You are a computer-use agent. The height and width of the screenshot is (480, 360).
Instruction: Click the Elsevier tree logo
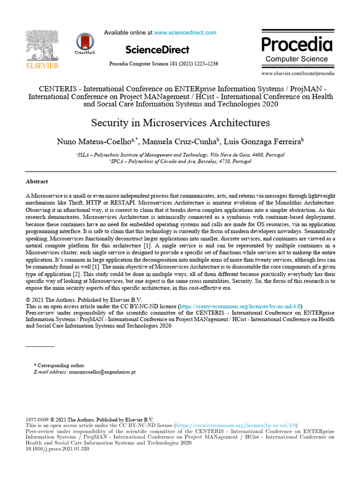(x=42, y=46)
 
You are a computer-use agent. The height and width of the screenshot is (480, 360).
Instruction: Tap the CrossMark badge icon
(x=85, y=43)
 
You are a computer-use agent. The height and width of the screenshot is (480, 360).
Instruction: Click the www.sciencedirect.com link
(x=185, y=33)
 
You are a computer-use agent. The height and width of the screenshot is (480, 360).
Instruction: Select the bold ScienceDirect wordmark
(x=157, y=50)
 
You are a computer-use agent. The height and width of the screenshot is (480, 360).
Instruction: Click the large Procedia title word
(x=297, y=45)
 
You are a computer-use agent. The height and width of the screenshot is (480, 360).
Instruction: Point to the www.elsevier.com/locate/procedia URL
(x=298, y=74)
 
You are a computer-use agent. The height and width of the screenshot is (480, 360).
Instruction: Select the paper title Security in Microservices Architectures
(x=180, y=123)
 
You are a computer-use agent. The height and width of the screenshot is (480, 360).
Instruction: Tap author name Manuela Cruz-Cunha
(x=180, y=142)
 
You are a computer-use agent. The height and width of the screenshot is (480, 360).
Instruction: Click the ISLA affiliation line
(x=180, y=155)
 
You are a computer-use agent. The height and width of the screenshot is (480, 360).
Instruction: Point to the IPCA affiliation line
(x=180, y=161)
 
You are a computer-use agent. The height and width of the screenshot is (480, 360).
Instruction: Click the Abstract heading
(x=37, y=181)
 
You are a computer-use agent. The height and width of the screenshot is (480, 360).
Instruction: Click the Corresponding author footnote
(x=60, y=365)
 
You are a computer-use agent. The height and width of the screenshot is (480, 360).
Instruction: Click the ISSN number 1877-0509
(x=37, y=420)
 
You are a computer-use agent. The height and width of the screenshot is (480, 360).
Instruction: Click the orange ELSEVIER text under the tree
(x=42, y=66)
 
